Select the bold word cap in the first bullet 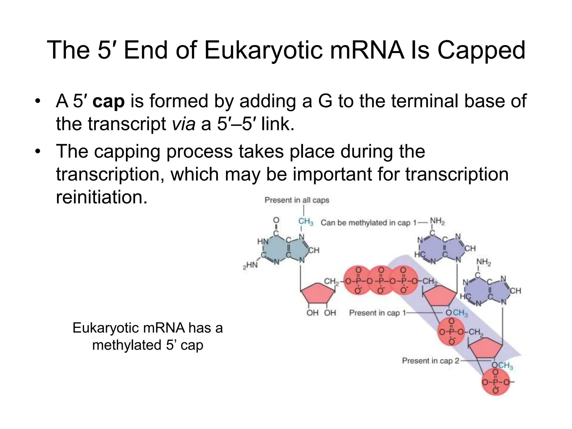pos(108,101)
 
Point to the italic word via pos(183,124)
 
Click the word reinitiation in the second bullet pos(101,197)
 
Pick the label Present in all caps pos(297,200)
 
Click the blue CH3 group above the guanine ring pos(306,221)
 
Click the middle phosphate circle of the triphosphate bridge pos(381,280)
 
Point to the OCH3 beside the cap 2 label pos(502,365)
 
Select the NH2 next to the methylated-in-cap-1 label pos(437,221)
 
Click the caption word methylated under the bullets pos(127,345)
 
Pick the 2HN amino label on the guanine pos(250,265)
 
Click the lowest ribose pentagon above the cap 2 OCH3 pos(485,347)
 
